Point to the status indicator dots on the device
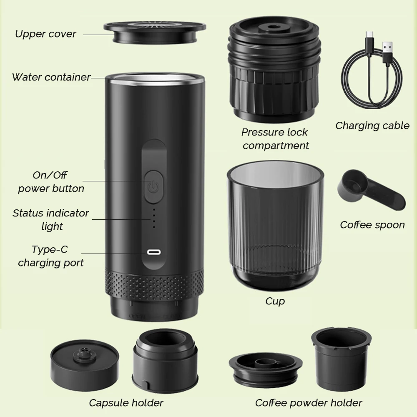point(153,218)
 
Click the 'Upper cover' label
point(45,34)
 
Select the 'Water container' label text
point(51,77)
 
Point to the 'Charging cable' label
point(372,126)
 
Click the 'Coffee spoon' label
point(372,225)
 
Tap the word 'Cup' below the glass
point(275,301)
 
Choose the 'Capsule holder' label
point(126,403)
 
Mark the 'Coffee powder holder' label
point(309,403)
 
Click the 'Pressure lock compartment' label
point(275,139)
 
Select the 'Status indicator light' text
point(51,220)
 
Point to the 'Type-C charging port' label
point(50,256)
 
